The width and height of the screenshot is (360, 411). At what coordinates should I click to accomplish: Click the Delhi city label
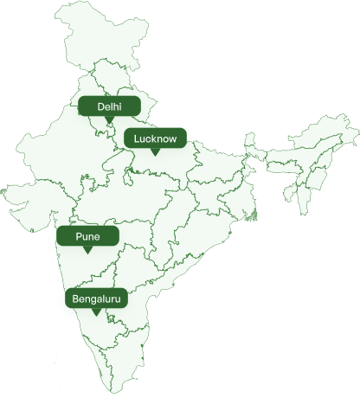pyautogui.click(x=110, y=106)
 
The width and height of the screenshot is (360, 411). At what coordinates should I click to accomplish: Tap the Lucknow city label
pyautogui.click(x=155, y=138)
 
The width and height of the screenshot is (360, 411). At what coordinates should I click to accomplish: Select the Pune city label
pyautogui.click(x=87, y=235)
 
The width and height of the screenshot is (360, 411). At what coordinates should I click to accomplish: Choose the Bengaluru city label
pyautogui.click(x=97, y=299)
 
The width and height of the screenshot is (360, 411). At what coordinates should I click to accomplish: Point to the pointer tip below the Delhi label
pyautogui.click(x=110, y=121)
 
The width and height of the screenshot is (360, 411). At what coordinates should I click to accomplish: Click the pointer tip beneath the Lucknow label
pyautogui.click(x=155, y=153)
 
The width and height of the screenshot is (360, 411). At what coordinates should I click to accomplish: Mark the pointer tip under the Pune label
pyautogui.click(x=87, y=251)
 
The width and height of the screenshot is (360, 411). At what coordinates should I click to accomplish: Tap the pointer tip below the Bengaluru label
pyautogui.click(x=97, y=315)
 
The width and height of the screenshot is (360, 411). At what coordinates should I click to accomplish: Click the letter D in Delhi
pyautogui.click(x=101, y=106)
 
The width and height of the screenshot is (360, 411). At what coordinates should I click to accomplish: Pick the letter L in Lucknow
pyautogui.click(x=137, y=138)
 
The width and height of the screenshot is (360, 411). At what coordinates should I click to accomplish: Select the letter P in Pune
pyautogui.click(x=78, y=235)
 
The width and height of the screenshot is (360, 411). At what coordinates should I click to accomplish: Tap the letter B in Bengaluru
pyautogui.click(x=76, y=299)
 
